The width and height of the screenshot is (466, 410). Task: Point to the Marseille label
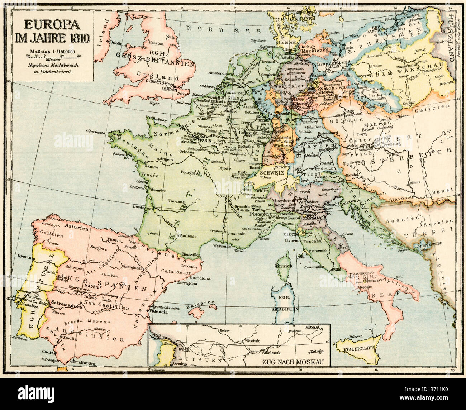[x=221, y=246]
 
